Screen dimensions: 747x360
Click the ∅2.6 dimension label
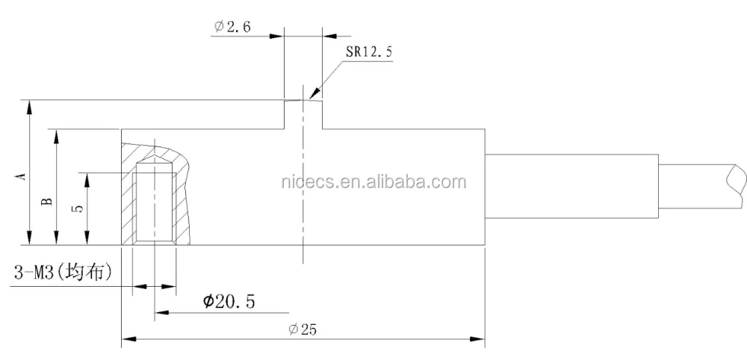tap(233, 26)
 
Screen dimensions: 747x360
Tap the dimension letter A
tap(22, 176)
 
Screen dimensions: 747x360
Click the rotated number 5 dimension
tap(78, 209)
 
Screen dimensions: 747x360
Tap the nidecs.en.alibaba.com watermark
tap(373, 182)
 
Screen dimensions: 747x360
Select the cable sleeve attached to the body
tap(571, 187)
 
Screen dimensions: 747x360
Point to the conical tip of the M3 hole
tap(155, 163)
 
